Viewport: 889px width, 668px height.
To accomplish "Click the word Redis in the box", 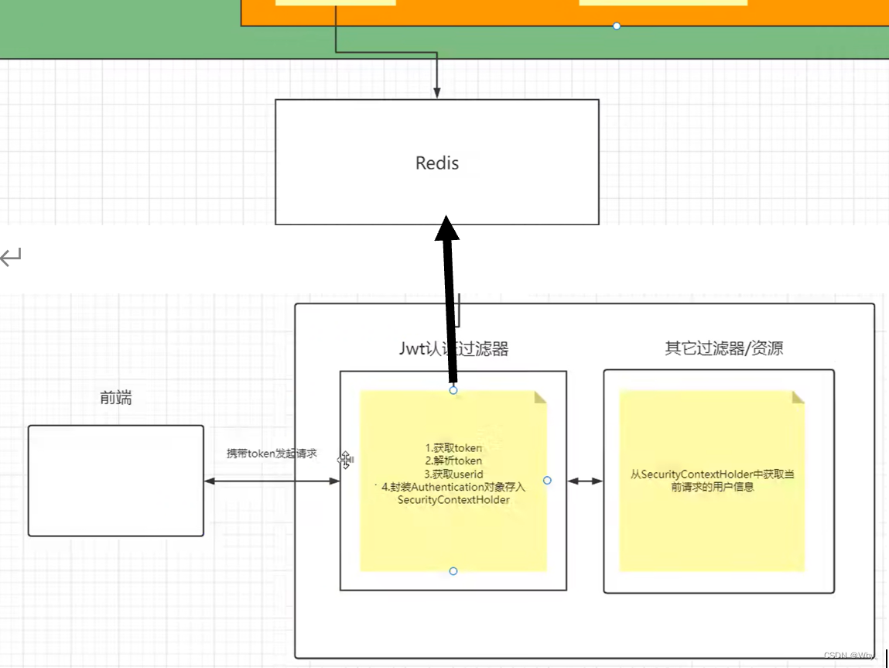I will pyautogui.click(x=437, y=163).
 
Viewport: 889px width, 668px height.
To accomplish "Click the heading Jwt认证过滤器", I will pyautogui.click(x=453, y=349).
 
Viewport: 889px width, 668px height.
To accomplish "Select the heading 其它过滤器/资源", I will pyautogui.click(x=724, y=348).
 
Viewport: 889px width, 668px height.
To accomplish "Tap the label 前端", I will pyautogui.click(x=116, y=398).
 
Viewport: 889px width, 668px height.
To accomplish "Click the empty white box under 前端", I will pyautogui.click(x=116, y=480).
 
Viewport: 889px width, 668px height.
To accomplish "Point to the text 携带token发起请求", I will pyautogui.click(x=272, y=454).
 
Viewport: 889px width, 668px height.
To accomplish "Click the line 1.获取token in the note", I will pyautogui.click(x=454, y=448).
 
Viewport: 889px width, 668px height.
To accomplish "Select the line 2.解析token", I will pyautogui.click(x=454, y=461).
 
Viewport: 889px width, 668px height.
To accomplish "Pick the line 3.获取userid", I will pyautogui.click(x=454, y=474).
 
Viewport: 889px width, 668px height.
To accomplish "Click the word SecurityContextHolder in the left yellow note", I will pyautogui.click(x=453, y=500).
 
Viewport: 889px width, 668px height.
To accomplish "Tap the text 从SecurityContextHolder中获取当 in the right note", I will pyautogui.click(x=712, y=474).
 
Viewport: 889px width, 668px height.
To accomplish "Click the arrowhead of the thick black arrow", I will pyautogui.click(x=446, y=228).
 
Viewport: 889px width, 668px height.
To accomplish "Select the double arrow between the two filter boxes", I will pyautogui.click(x=585, y=481).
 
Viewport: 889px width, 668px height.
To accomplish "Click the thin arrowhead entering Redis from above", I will pyautogui.click(x=437, y=94).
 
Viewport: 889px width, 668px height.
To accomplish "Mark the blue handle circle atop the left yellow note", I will pyautogui.click(x=453, y=390).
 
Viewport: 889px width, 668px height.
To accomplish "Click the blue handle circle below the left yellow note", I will pyautogui.click(x=453, y=571).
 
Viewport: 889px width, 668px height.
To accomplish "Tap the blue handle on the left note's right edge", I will pyautogui.click(x=547, y=481).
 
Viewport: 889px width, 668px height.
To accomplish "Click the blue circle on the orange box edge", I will pyautogui.click(x=617, y=26).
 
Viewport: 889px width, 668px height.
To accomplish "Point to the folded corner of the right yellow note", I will pyautogui.click(x=798, y=396).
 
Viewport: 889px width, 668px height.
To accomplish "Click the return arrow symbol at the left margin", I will pyautogui.click(x=12, y=257).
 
